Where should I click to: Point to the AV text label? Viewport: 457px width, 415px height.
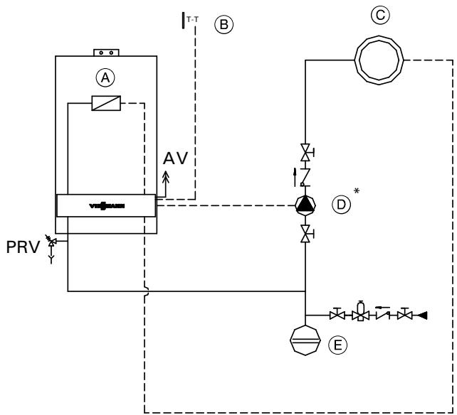point(176,158)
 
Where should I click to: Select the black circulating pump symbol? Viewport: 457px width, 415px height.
point(305,206)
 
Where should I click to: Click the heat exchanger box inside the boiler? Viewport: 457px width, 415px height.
point(105,104)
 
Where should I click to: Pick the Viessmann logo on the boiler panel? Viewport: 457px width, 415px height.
point(105,207)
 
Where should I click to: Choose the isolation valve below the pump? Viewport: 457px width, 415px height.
point(305,232)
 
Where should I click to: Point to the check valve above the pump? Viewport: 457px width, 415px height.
point(305,175)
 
